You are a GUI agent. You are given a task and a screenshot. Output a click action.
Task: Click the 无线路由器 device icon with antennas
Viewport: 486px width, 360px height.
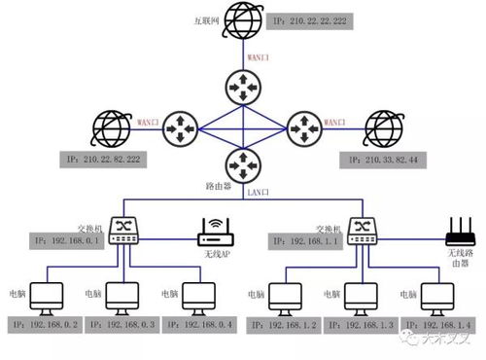(x=458, y=234)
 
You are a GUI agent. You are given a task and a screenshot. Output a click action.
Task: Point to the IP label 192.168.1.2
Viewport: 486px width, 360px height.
(x=291, y=323)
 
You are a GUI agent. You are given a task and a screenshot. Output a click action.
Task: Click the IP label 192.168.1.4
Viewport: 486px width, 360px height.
(x=441, y=323)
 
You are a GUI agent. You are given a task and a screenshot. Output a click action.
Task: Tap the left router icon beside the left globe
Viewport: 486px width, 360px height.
(x=179, y=126)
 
